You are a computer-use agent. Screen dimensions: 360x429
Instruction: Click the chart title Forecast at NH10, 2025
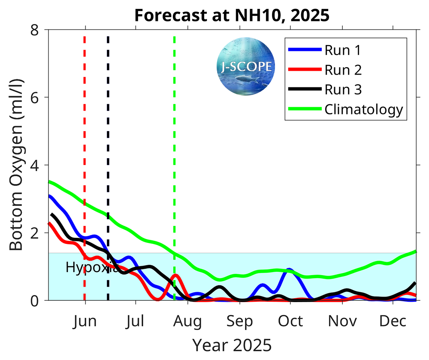pos(232,15)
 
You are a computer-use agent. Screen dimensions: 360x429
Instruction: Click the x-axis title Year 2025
pos(232,345)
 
